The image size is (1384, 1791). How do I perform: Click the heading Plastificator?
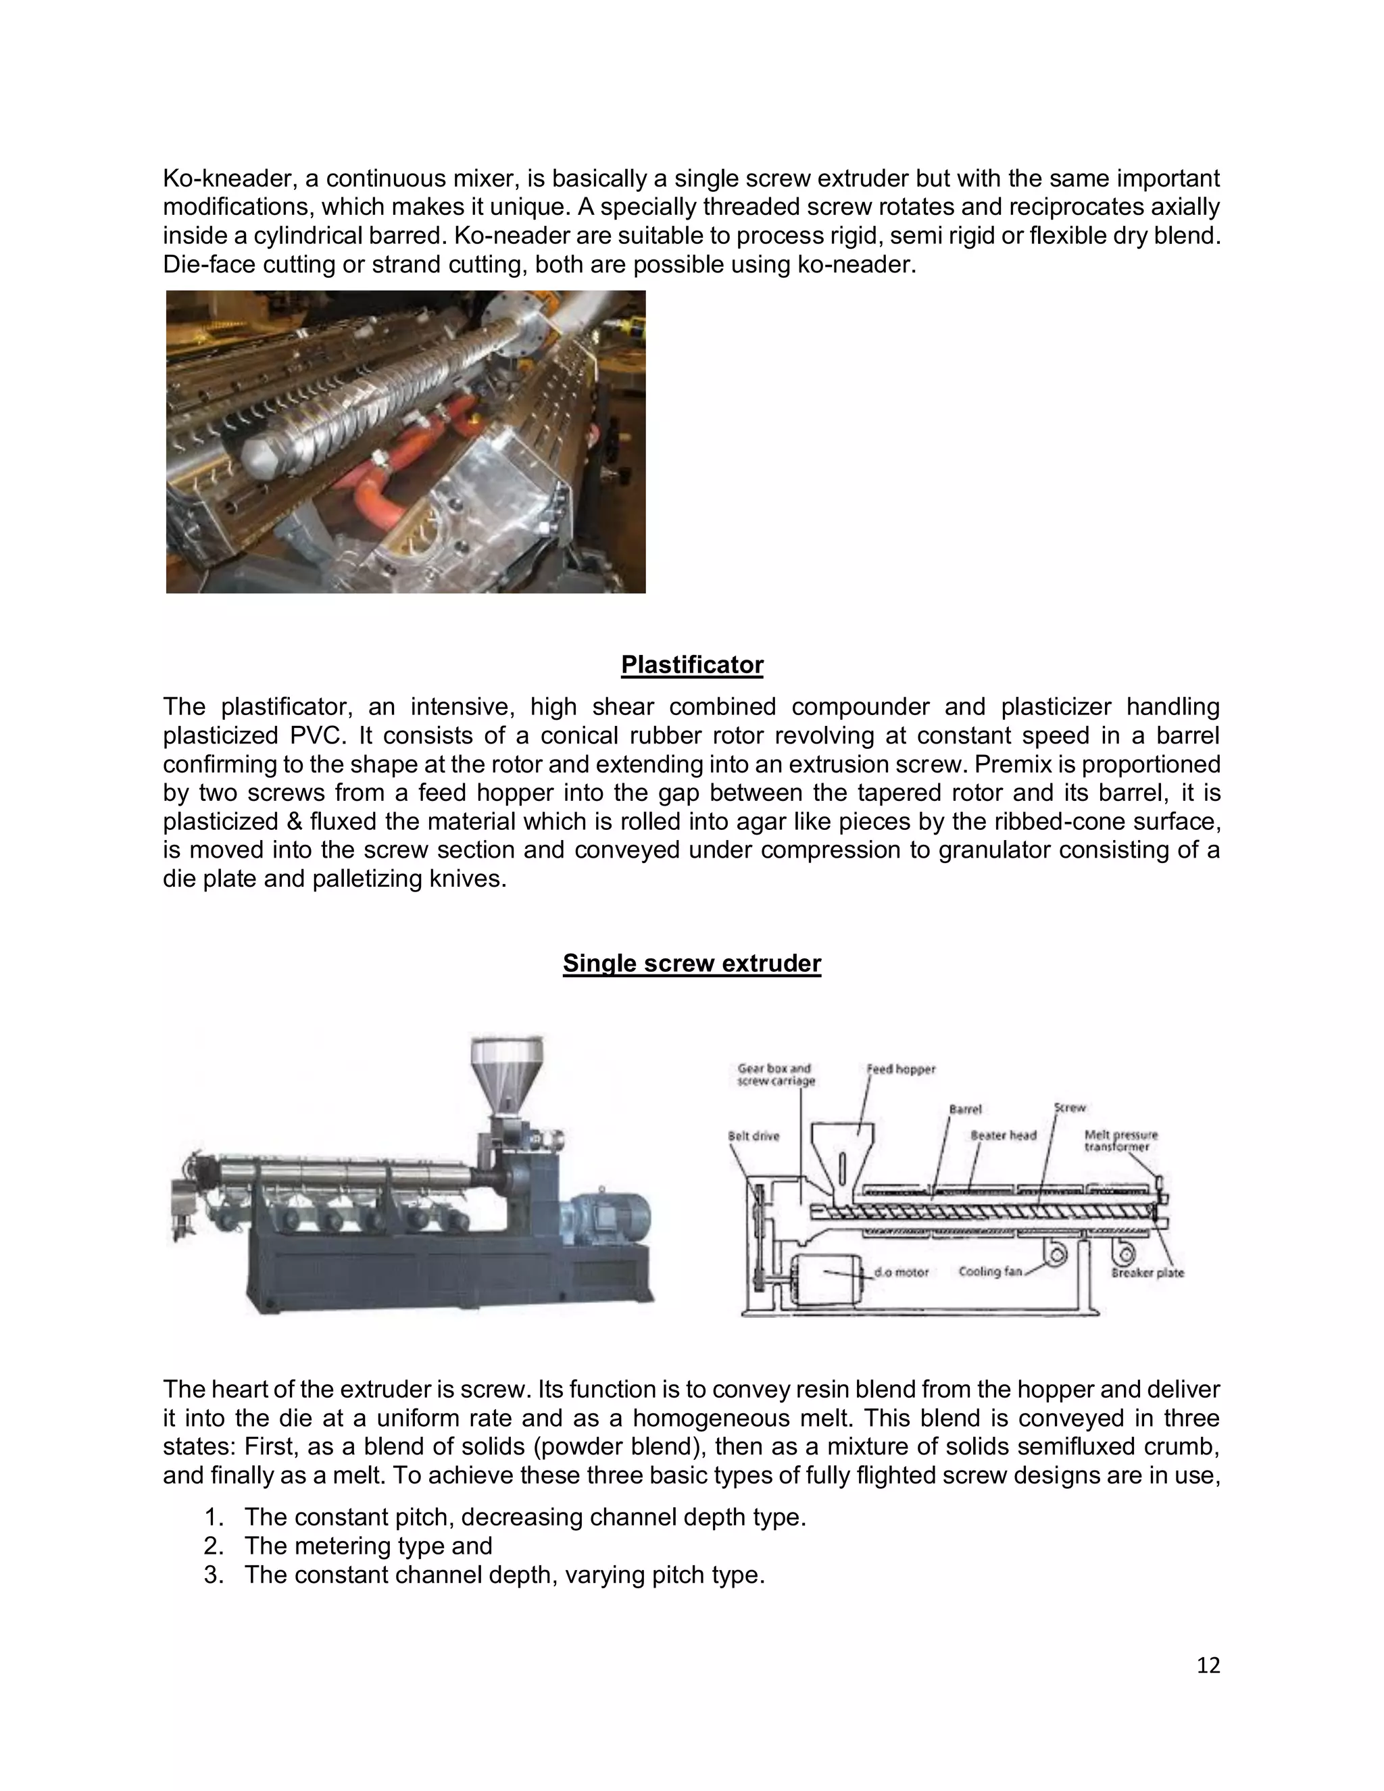[692, 665]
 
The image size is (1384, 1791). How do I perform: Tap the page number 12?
[1208, 1665]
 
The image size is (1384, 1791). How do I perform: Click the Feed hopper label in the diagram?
[901, 1069]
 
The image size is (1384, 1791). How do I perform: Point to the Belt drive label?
[753, 1136]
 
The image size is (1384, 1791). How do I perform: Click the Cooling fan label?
[991, 1272]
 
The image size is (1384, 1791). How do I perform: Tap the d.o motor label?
[901, 1273]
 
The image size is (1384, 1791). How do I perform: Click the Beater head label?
[1003, 1136]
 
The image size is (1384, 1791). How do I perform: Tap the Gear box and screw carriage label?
[776, 1075]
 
